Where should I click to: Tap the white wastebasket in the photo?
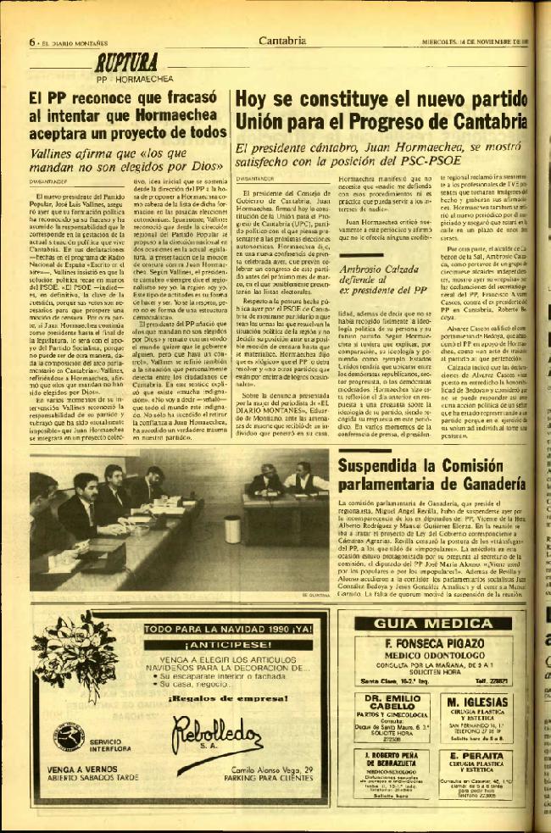click(231, 529)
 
